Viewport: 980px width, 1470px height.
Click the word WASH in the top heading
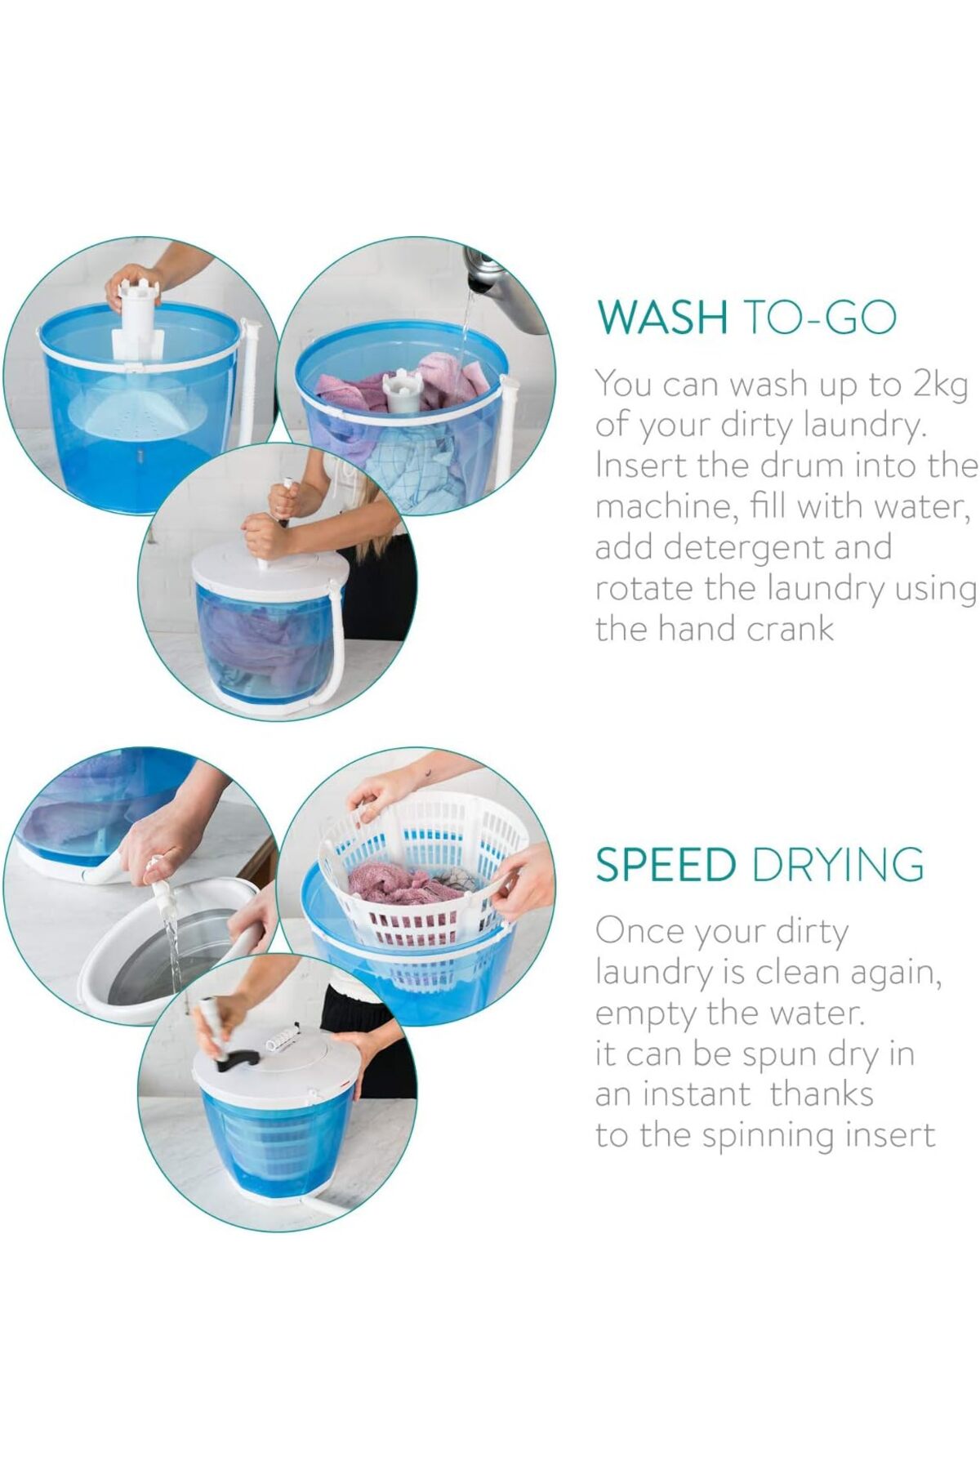[x=661, y=317]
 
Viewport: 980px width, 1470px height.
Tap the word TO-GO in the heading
[x=820, y=317]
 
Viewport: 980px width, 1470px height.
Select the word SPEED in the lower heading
[x=666, y=864]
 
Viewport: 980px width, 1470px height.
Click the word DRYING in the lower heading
[x=838, y=864]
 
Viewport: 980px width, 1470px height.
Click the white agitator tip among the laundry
[x=403, y=390]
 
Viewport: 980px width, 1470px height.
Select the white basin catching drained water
[x=171, y=951]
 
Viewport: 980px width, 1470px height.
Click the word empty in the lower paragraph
[x=646, y=1014]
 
